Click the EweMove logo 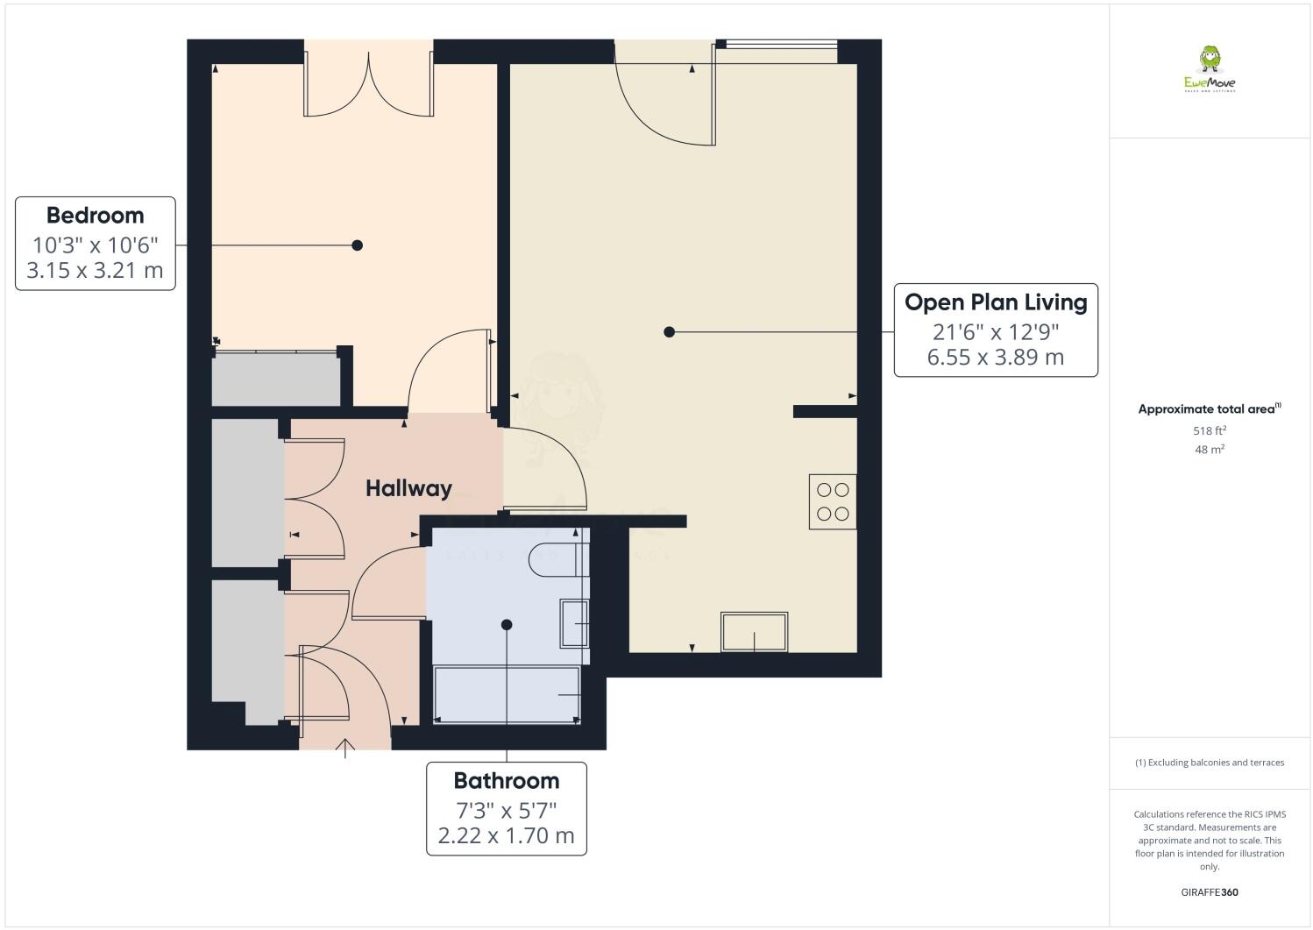coord(1210,70)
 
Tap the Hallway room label coord(408,488)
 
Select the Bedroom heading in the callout coord(95,215)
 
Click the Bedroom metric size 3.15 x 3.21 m coord(95,270)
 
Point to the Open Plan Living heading coord(996,302)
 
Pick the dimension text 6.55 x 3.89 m coord(996,358)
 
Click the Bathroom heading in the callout coord(506,780)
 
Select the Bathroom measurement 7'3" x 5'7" coord(506,809)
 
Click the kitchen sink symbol coord(754,632)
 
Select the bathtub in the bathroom coord(507,695)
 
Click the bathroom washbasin coord(574,623)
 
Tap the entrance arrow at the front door coord(345,748)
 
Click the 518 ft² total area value coord(1209,430)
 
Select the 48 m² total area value coord(1209,449)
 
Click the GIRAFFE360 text coord(1209,892)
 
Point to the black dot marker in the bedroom coord(357,245)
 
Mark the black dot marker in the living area coord(669,332)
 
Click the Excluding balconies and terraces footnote coord(1210,763)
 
